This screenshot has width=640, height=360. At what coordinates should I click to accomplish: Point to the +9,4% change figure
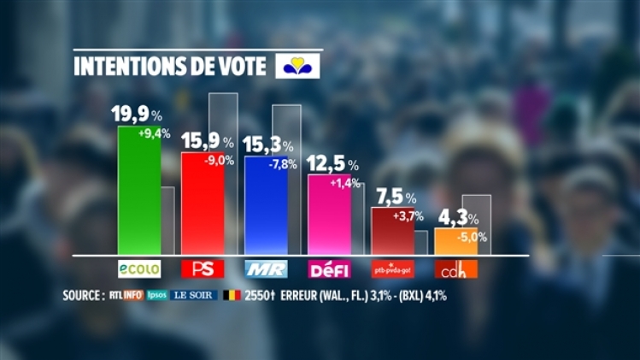coord(155,133)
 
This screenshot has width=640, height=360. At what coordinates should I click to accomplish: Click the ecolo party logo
coord(139,269)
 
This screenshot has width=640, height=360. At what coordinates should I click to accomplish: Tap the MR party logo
coord(266,269)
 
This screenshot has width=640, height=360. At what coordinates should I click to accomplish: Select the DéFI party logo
coord(329,269)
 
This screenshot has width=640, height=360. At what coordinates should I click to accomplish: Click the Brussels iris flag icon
coord(297,66)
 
